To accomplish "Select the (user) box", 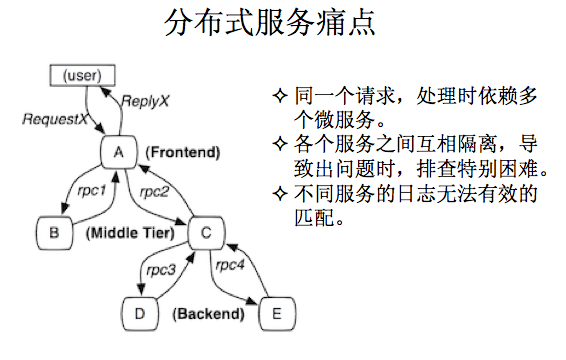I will [81, 75].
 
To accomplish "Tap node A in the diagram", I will [118, 152].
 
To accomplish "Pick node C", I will [206, 233].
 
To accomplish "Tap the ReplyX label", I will [147, 101].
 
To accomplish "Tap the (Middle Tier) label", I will [130, 233].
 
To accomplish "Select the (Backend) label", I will [208, 314].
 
